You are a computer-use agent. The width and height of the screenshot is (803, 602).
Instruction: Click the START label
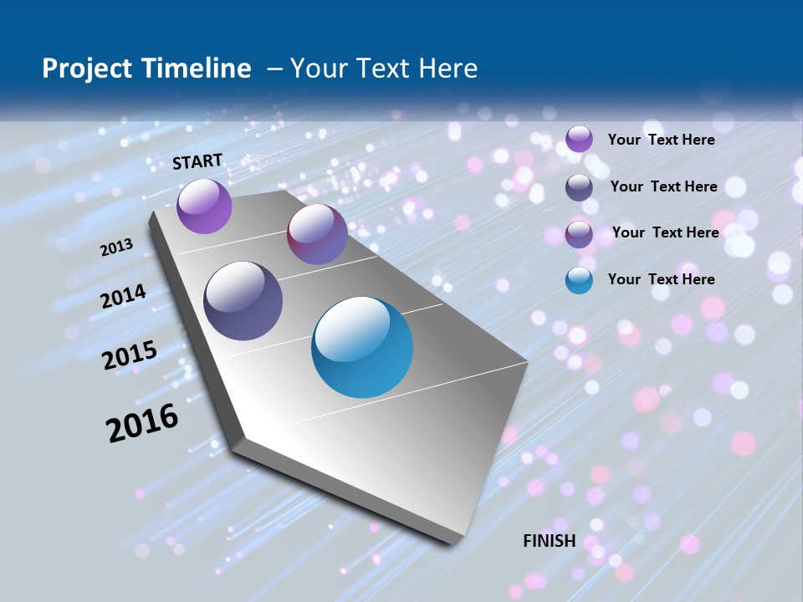197,161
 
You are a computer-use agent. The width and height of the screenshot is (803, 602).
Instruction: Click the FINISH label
549,541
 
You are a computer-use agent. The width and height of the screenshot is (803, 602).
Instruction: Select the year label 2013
117,247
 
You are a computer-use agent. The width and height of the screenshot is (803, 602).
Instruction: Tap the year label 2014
124,297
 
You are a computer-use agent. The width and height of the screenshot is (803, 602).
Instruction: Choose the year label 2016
142,422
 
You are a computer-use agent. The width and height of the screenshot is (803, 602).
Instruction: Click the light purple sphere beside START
204,206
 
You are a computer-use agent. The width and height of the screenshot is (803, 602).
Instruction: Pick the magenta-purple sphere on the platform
317,234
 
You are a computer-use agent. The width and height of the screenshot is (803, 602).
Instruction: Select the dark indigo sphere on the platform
243,301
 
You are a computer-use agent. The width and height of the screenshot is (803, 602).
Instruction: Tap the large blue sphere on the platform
362,347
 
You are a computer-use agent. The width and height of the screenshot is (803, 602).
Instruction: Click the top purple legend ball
579,140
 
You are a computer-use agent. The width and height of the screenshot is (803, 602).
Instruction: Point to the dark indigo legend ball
579,187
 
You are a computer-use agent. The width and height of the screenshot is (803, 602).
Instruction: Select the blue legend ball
579,280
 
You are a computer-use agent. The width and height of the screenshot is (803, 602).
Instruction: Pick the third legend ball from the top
579,234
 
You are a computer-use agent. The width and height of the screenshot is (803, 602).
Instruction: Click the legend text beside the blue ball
661,279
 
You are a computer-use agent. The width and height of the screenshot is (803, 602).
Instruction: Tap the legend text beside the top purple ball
661,140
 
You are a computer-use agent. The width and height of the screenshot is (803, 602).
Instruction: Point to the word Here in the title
448,69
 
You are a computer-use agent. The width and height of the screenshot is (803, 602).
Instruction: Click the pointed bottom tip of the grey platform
454,542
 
